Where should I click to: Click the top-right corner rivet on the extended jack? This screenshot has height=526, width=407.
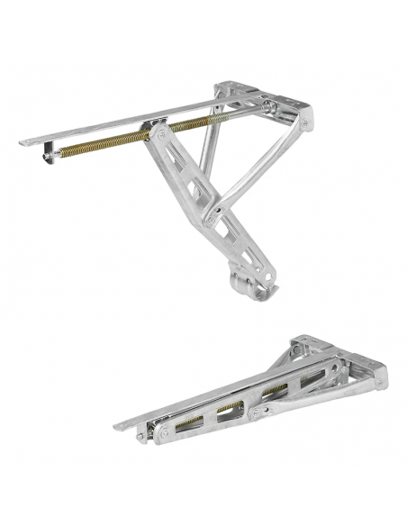(306, 122)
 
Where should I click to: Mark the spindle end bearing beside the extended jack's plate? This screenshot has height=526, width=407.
(271, 108)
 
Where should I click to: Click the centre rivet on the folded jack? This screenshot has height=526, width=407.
(258, 412)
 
